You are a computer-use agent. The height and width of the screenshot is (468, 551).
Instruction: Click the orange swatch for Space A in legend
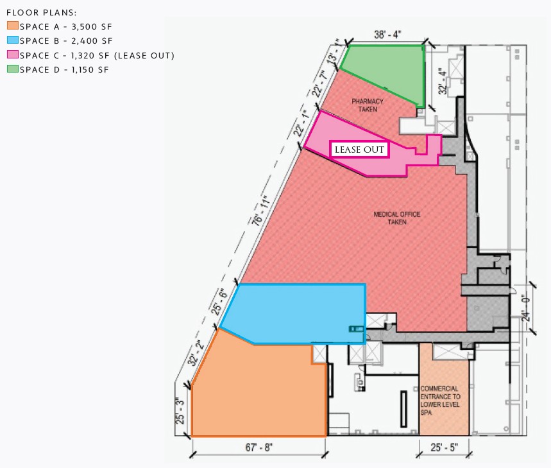pyautogui.click(x=12, y=26)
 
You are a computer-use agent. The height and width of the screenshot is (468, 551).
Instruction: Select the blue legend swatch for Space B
pyautogui.click(x=12, y=40)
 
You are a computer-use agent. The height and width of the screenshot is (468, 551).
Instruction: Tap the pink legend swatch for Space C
pyautogui.click(x=12, y=55)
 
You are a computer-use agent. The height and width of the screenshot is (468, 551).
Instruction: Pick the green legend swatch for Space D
pyautogui.click(x=12, y=69)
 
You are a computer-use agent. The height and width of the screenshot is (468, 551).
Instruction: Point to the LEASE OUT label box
pyautogui.click(x=360, y=150)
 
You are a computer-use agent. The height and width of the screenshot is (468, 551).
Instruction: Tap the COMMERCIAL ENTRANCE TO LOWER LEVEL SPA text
pyautogui.click(x=440, y=401)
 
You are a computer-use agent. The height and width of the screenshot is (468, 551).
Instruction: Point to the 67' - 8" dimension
pyautogui.click(x=259, y=446)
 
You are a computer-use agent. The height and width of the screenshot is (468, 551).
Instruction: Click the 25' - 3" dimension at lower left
pyautogui.click(x=182, y=412)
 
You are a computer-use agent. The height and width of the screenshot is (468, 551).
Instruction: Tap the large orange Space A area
pyautogui.click(x=257, y=392)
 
